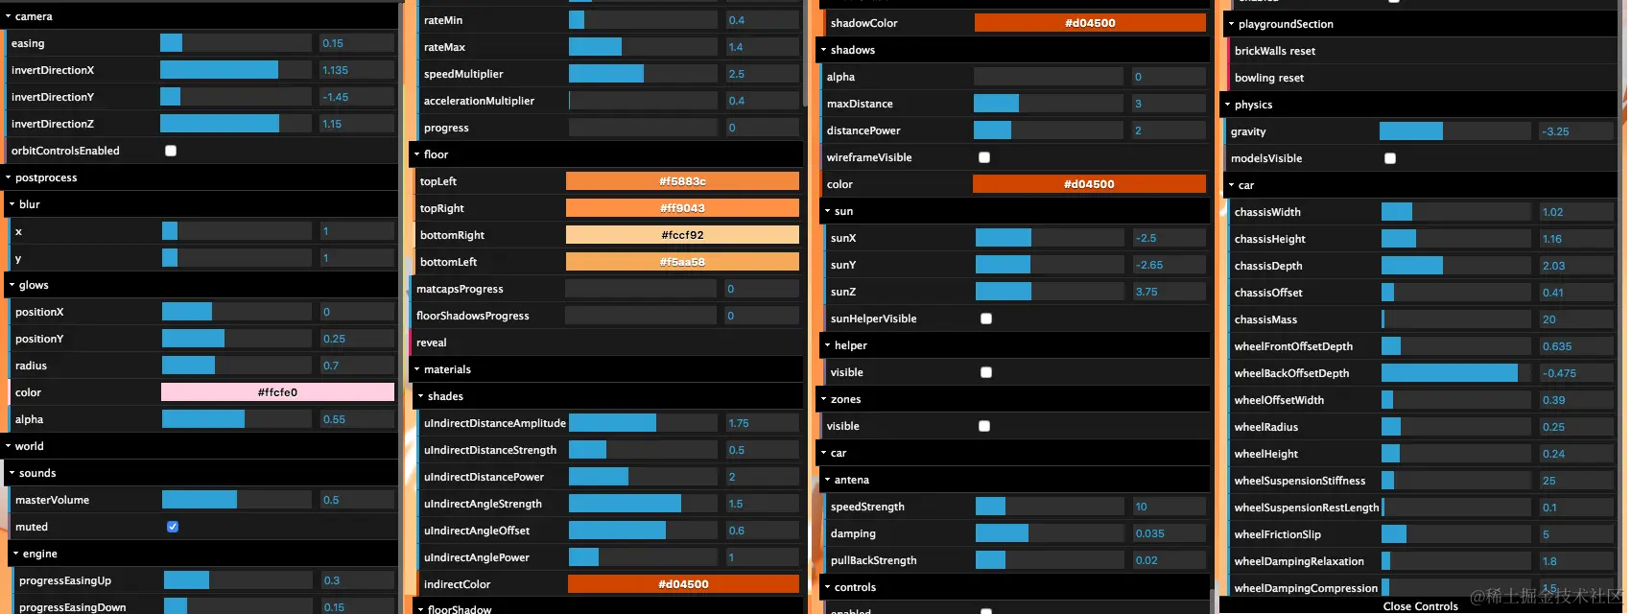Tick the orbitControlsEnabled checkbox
pos(171,151)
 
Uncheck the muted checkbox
pos(173,527)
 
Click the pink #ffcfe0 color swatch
pos(277,392)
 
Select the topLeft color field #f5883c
pos(682,181)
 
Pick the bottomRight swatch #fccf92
pos(682,235)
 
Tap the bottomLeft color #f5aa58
pos(682,262)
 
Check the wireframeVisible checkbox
pos(984,157)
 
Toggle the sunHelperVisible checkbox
pos(986,319)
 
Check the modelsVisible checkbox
pos(1390,158)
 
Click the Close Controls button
pos(1420,606)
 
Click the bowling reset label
pos(1269,78)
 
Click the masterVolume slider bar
pos(236,500)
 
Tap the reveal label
pos(432,342)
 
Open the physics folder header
pos(1254,105)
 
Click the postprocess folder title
pos(46,177)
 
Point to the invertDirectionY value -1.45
pos(356,97)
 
